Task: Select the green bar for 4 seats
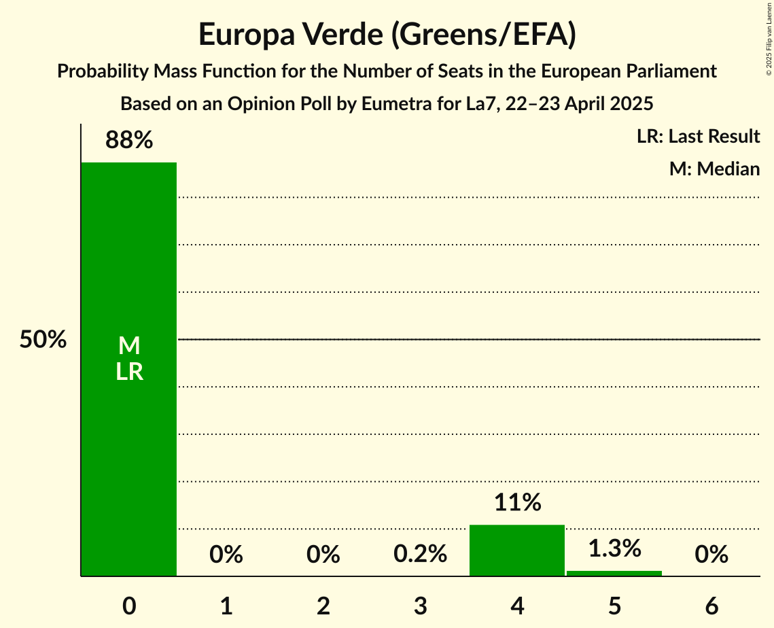(517, 551)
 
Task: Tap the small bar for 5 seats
(614, 573)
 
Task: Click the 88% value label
(128, 141)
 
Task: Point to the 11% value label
(517, 503)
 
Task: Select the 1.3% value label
(614, 548)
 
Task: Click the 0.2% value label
(420, 555)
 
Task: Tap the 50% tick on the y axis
(42, 340)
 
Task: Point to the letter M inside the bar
(128, 346)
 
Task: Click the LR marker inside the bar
(128, 372)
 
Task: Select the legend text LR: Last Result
(698, 137)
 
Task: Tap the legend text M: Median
(714, 169)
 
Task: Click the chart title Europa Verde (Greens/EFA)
(387, 35)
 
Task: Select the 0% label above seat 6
(711, 555)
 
